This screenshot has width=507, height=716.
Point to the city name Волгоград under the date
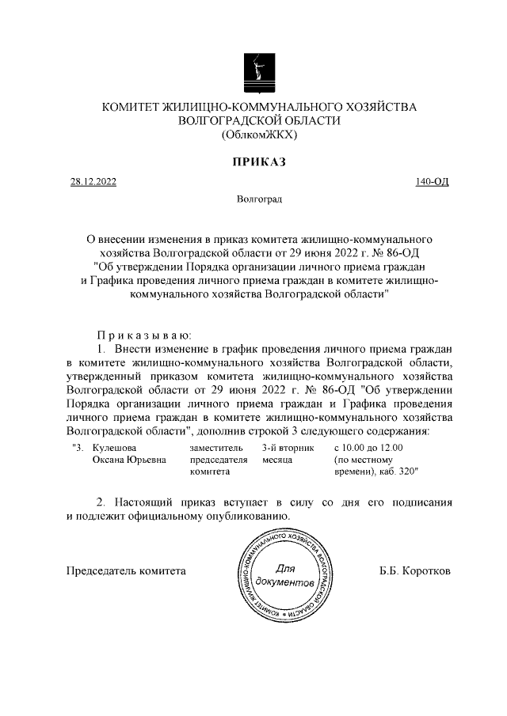(259, 200)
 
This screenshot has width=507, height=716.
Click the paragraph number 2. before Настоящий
(101, 502)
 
